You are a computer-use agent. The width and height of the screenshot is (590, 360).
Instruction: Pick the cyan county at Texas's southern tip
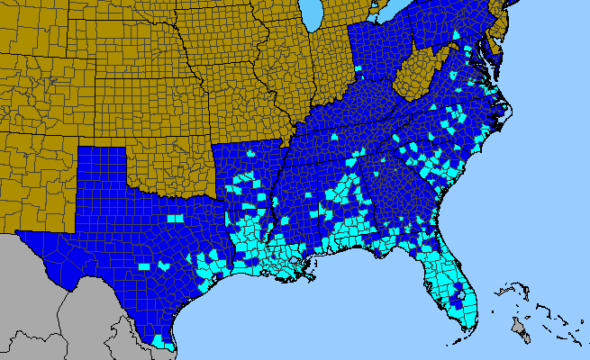pos(160,341)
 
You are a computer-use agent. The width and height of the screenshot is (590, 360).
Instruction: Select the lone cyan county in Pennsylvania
pos(457,36)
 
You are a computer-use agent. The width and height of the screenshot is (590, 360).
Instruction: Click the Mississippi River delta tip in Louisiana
pos(310,269)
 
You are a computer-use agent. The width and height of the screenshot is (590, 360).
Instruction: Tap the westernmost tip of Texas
pos(18,236)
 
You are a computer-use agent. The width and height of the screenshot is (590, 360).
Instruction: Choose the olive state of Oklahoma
pos(171,171)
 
